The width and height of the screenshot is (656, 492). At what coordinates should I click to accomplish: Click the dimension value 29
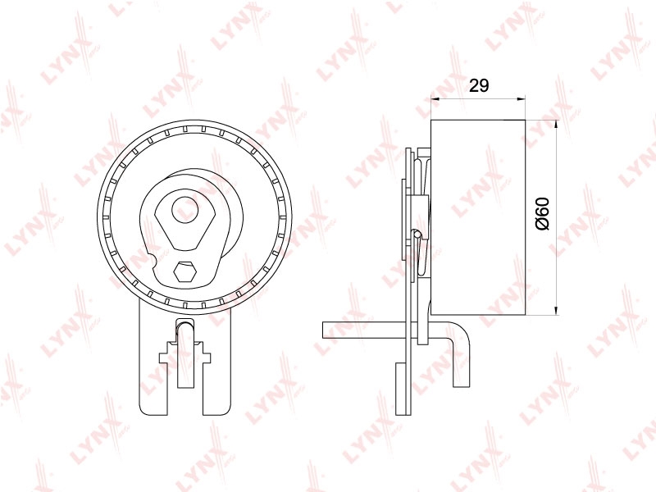[x=479, y=85]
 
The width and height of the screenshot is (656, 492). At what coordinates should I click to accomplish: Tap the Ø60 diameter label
[x=542, y=214]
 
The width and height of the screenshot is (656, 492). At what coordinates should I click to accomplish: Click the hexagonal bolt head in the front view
[x=184, y=272]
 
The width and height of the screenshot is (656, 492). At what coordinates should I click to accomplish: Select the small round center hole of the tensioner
[x=186, y=210]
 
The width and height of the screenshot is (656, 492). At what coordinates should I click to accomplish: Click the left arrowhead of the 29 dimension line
[x=435, y=99]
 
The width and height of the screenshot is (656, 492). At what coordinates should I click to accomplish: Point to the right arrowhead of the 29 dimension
[x=521, y=99]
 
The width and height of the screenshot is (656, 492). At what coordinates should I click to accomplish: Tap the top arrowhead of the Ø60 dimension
[x=556, y=125]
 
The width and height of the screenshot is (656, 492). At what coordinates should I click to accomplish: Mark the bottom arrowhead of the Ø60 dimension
[x=556, y=310]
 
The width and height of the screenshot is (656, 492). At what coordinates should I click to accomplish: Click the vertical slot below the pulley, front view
[x=185, y=353]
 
